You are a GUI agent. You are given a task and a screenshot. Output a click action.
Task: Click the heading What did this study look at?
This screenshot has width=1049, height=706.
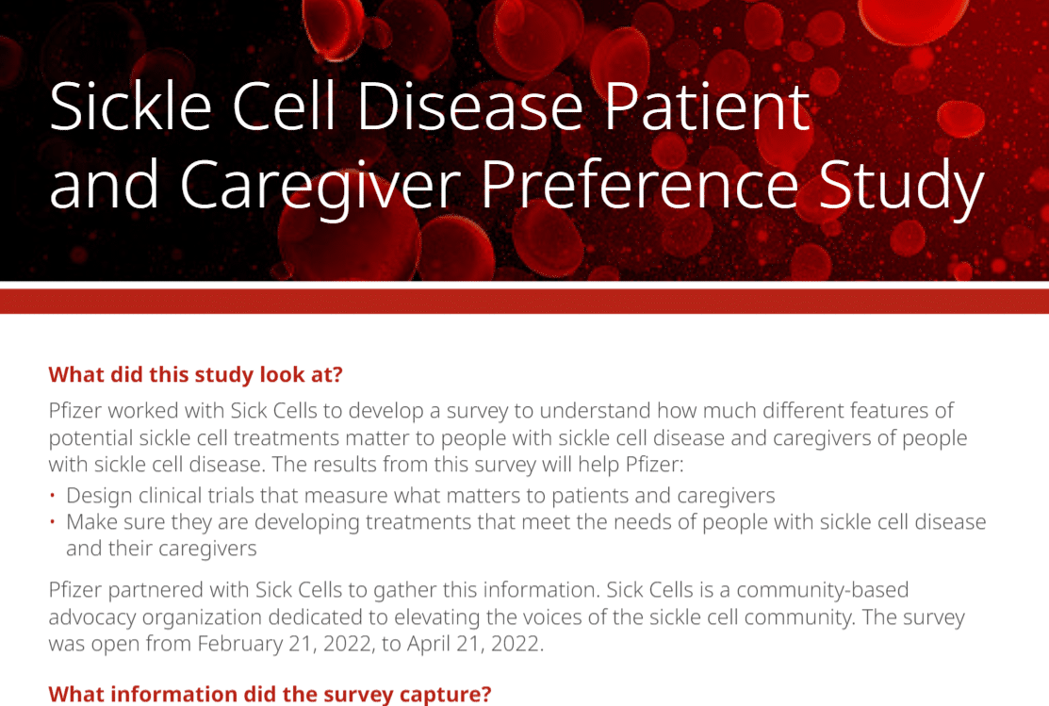point(195,374)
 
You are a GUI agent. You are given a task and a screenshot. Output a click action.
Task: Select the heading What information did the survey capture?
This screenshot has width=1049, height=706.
point(270,695)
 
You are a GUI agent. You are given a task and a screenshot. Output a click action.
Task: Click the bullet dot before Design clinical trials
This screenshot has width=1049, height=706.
point(54,496)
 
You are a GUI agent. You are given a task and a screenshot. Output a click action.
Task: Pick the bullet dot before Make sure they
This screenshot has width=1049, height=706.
point(54,522)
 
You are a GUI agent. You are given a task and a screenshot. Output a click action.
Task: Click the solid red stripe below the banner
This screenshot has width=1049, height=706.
point(524,301)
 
